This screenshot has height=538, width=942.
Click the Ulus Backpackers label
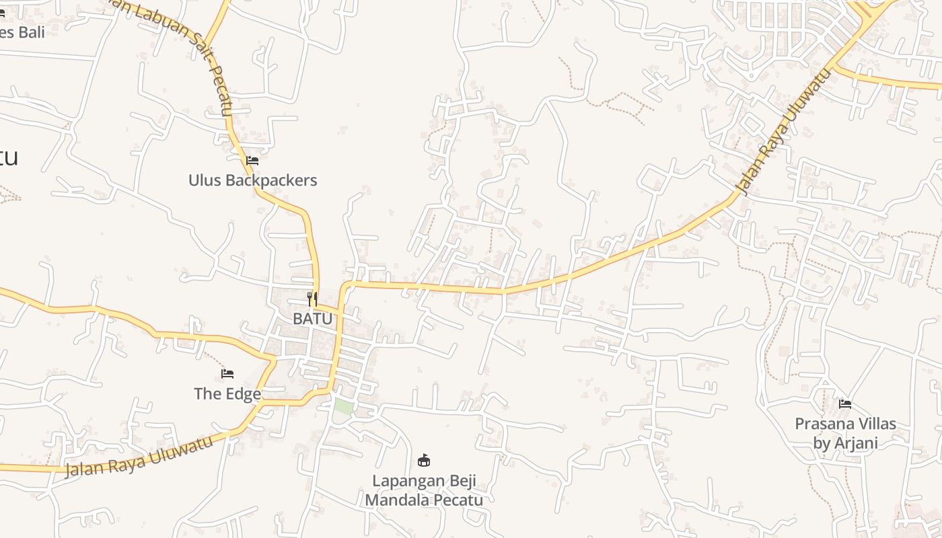pos(252,180)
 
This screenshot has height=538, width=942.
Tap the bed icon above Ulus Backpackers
pos(252,160)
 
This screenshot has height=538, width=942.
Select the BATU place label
pos(313,319)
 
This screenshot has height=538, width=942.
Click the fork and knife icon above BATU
pos(312,299)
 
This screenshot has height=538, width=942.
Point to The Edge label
pos(227,393)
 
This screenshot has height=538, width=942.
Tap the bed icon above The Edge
pos(227,373)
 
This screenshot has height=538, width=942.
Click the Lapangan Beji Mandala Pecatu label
pos(424,490)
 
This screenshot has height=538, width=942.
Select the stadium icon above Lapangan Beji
pos(424,461)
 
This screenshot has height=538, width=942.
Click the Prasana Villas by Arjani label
pos(845,433)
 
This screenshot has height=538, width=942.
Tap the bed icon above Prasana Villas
pos(845,403)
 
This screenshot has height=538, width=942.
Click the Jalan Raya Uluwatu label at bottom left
pos(140,457)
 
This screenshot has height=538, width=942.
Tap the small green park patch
pos(344,407)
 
